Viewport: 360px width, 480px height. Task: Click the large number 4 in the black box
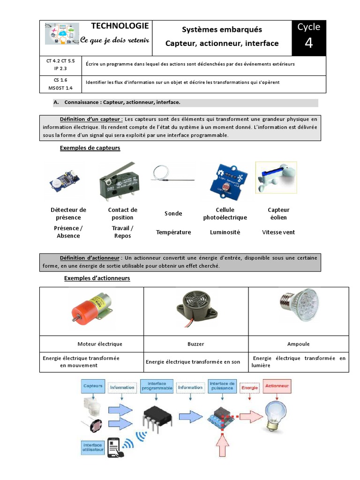point(308,43)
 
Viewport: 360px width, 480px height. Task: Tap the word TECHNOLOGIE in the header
point(120,26)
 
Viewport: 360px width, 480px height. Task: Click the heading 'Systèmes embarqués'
point(222,30)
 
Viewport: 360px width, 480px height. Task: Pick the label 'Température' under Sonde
point(173,232)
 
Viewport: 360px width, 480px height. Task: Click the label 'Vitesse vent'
point(278,232)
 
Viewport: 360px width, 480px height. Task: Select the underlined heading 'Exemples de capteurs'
point(90,148)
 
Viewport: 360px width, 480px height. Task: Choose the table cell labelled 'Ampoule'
point(298,344)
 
